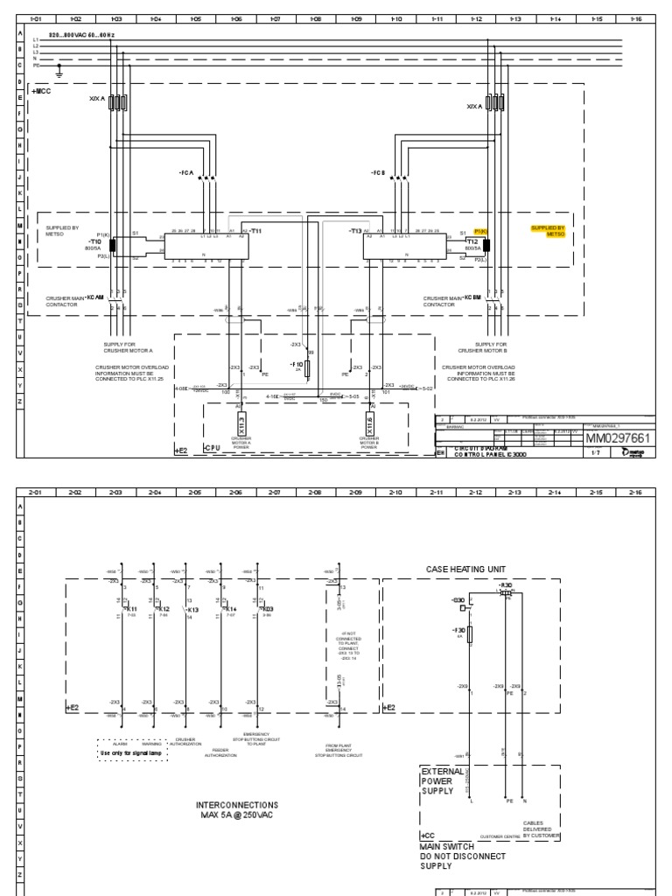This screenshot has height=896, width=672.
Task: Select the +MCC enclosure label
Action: [42, 90]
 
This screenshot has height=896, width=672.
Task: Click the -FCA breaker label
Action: [185, 173]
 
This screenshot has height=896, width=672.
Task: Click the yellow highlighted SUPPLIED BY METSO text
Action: [549, 231]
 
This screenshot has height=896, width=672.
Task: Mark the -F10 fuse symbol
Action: [307, 368]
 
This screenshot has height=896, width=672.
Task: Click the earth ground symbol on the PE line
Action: [59, 67]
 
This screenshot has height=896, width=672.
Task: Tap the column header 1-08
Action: [316, 17]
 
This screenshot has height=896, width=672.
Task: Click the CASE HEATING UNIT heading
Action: [460, 569]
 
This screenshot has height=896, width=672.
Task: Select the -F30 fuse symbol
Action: [470, 633]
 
